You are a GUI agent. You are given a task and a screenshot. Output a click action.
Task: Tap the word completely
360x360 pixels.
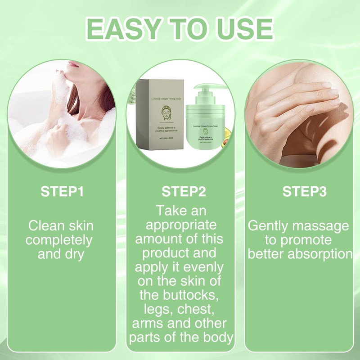59,240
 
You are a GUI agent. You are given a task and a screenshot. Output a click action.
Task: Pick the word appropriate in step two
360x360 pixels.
180,225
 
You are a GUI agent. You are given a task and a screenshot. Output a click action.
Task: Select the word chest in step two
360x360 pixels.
198,310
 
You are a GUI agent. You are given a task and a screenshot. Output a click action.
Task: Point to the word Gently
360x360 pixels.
270,225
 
